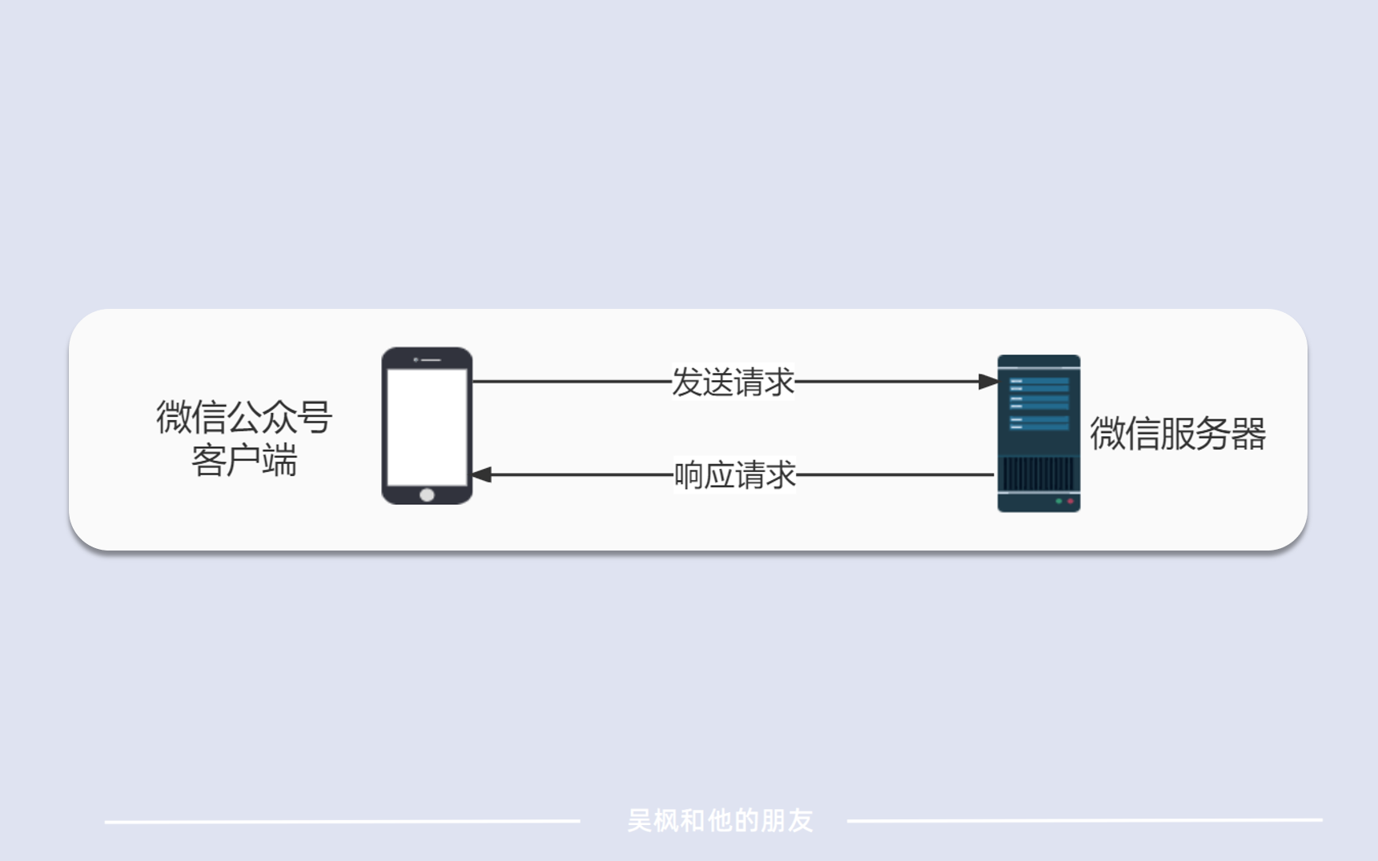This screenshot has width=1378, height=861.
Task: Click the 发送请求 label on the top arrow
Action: click(733, 382)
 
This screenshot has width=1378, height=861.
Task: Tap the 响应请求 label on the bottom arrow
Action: click(734, 475)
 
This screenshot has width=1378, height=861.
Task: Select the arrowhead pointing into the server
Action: click(988, 382)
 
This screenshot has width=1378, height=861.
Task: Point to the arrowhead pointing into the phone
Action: click(481, 475)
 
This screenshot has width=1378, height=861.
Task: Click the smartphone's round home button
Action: click(427, 495)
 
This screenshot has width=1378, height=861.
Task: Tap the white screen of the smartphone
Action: click(427, 427)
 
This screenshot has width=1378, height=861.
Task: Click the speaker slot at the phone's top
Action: click(431, 359)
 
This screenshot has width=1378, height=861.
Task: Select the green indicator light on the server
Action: click(1059, 501)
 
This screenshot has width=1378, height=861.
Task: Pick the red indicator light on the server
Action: click(1071, 501)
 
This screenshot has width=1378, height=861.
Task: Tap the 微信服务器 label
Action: click(1178, 434)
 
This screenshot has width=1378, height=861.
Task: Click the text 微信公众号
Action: click(244, 417)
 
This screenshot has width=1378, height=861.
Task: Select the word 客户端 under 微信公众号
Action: click(244, 460)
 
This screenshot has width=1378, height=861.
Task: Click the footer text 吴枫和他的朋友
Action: click(720, 820)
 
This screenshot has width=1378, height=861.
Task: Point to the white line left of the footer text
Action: click(343, 821)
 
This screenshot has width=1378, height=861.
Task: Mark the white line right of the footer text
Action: click(1085, 820)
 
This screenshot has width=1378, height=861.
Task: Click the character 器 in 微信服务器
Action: click(1249, 434)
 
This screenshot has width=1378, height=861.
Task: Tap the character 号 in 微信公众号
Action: click(315, 417)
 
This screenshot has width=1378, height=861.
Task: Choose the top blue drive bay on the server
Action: click(1039, 381)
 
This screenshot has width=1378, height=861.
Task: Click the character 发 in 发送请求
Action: click(686, 382)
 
